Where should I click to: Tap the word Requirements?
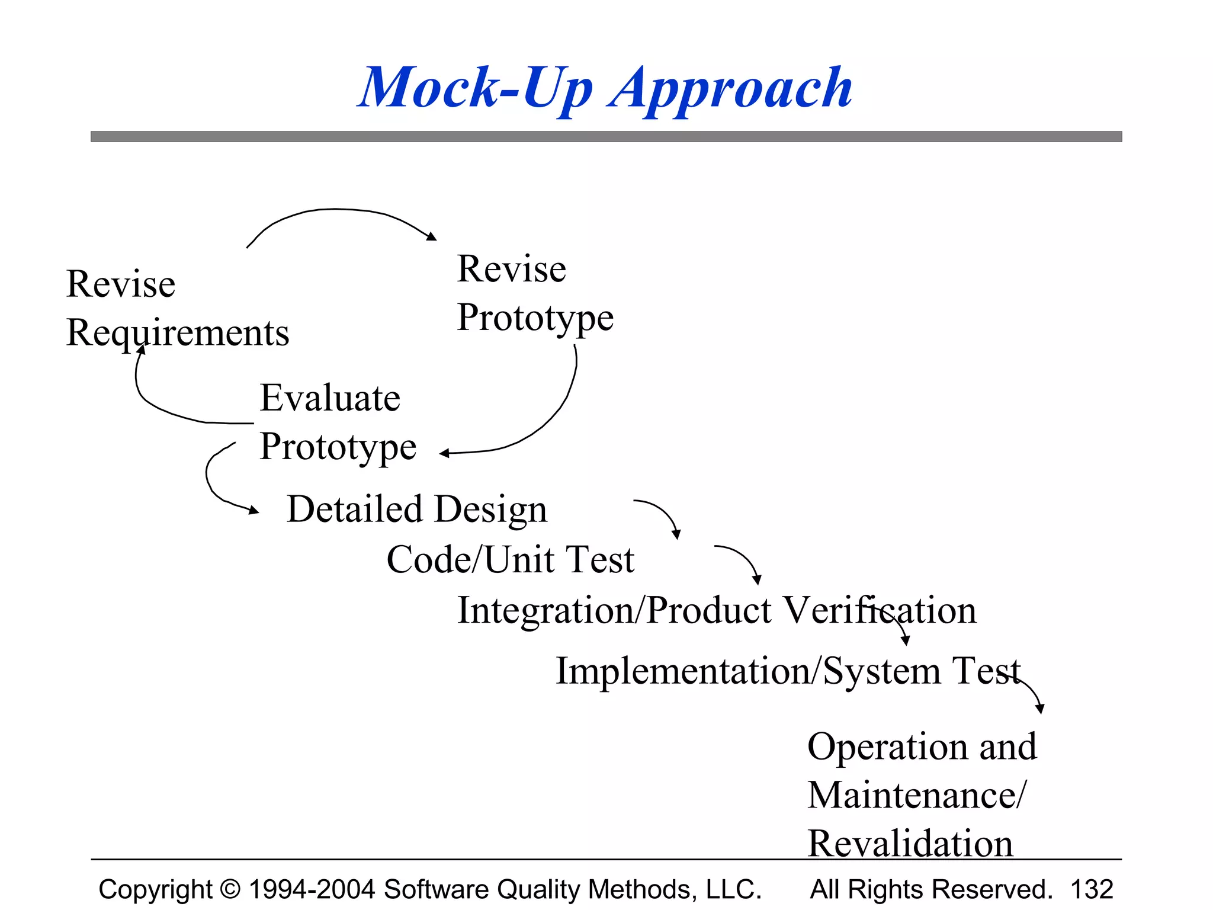pos(178,333)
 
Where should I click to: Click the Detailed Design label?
pos(417,509)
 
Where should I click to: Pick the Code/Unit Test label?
pos(510,559)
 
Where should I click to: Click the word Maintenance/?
pos(916,795)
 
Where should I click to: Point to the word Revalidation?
pos(910,844)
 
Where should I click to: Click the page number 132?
pos(1092,889)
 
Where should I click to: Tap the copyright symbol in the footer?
pos(230,889)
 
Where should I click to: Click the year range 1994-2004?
pos(312,889)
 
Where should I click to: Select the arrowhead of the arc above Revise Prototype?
pos(432,236)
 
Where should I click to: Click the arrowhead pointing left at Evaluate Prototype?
pos(444,454)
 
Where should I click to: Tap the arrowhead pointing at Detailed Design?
pos(254,510)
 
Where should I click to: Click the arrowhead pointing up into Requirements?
pos(142,350)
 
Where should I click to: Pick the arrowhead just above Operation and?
pos(1041,709)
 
